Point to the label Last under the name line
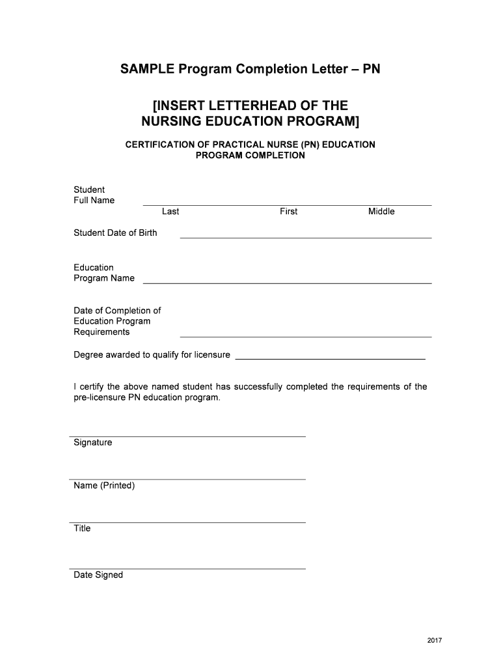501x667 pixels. pyautogui.click(x=170, y=211)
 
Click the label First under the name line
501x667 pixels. pyautogui.click(x=288, y=211)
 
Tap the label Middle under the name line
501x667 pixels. pyautogui.click(x=381, y=211)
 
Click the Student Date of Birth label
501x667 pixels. pyautogui.click(x=115, y=233)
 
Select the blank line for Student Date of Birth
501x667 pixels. pyautogui.click(x=305, y=237)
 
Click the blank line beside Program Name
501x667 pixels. pyautogui.click(x=287, y=283)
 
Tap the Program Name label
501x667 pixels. pyautogui.click(x=104, y=278)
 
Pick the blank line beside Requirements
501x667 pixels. pyautogui.click(x=305, y=336)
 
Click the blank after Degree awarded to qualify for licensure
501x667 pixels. pyautogui.click(x=329, y=359)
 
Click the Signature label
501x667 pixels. pyautogui.click(x=92, y=443)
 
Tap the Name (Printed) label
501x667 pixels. pyautogui.click(x=104, y=486)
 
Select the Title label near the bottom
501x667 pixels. pyautogui.click(x=82, y=528)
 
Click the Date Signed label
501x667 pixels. pyautogui.click(x=98, y=575)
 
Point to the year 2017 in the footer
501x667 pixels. pyautogui.click(x=435, y=641)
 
